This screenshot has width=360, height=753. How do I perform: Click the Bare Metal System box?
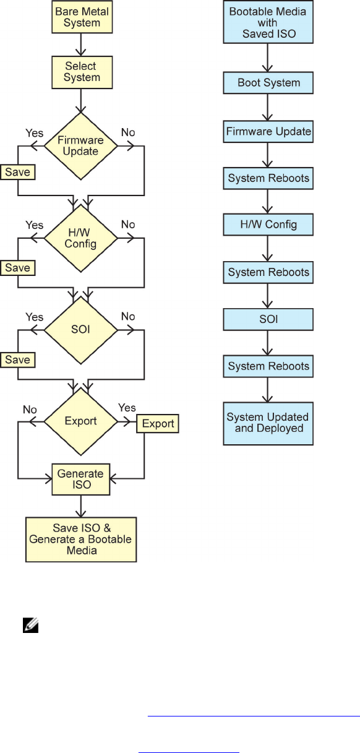pyautogui.click(x=82, y=17)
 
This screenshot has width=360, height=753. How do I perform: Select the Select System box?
pyautogui.click(x=82, y=72)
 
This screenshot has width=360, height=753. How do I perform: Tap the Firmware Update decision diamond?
pyautogui.click(x=81, y=146)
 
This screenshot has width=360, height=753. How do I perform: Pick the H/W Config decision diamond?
pyautogui.click(x=81, y=238)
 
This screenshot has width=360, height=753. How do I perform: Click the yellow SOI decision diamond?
pyautogui.click(x=81, y=330)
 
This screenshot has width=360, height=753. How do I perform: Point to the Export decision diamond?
pyautogui.click(x=81, y=421)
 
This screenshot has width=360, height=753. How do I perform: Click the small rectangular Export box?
pyautogui.click(x=158, y=424)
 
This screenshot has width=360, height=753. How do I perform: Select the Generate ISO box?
pyautogui.click(x=81, y=480)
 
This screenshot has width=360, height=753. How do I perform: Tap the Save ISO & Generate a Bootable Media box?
pyautogui.click(x=81, y=540)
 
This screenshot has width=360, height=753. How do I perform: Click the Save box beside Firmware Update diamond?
pyautogui.click(x=17, y=172)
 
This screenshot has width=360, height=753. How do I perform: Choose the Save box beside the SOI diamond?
pyautogui.click(x=17, y=359)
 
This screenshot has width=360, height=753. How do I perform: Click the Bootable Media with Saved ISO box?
pyautogui.click(x=268, y=22)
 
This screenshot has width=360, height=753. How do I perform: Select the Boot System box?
pyautogui.click(x=268, y=83)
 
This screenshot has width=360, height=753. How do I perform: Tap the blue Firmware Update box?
pyautogui.click(x=268, y=131)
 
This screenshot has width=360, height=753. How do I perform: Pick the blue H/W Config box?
pyautogui.click(x=268, y=224)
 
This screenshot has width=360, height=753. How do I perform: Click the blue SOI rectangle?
pyautogui.click(x=268, y=319)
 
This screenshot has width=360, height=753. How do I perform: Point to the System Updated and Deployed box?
pyautogui.click(x=268, y=424)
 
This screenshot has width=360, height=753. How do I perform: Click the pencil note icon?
pyautogui.click(x=30, y=626)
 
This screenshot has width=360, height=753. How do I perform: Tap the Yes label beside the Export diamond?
pyautogui.click(x=127, y=408)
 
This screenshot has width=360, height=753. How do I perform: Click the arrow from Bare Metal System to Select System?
pyautogui.click(x=81, y=45)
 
